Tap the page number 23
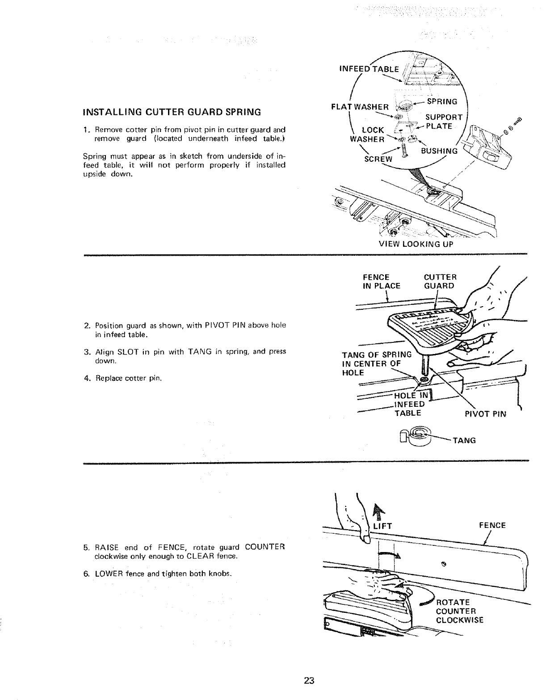pyautogui.click(x=308, y=681)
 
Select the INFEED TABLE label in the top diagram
pyautogui.click(x=369, y=69)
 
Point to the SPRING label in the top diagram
pyautogui.click(x=441, y=102)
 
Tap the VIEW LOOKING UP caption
pyautogui.click(x=416, y=244)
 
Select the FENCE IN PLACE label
pyautogui.click(x=382, y=282)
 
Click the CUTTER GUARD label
pyautogui.click(x=439, y=282)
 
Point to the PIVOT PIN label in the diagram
pyautogui.click(x=486, y=414)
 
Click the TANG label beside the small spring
pyautogui.click(x=464, y=440)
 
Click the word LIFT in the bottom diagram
pyautogui.click(x=382, y=526)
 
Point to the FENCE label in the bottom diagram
pyautogui.click(x=492, y=525)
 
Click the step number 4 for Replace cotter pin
pyautogui.click(x=86, y=379)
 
